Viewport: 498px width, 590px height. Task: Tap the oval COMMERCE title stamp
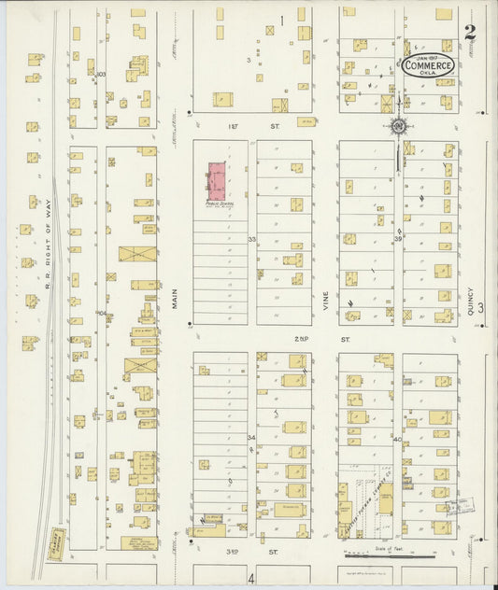428,65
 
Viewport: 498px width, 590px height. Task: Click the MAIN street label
175,298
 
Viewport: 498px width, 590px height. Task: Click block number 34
251,437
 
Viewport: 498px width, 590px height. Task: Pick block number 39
397,239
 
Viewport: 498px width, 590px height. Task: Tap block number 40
397,439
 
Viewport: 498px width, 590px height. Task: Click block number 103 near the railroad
101,74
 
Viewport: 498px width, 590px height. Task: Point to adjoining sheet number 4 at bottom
250,579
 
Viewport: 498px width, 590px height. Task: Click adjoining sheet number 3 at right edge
482,309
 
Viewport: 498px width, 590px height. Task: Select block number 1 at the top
281,20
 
